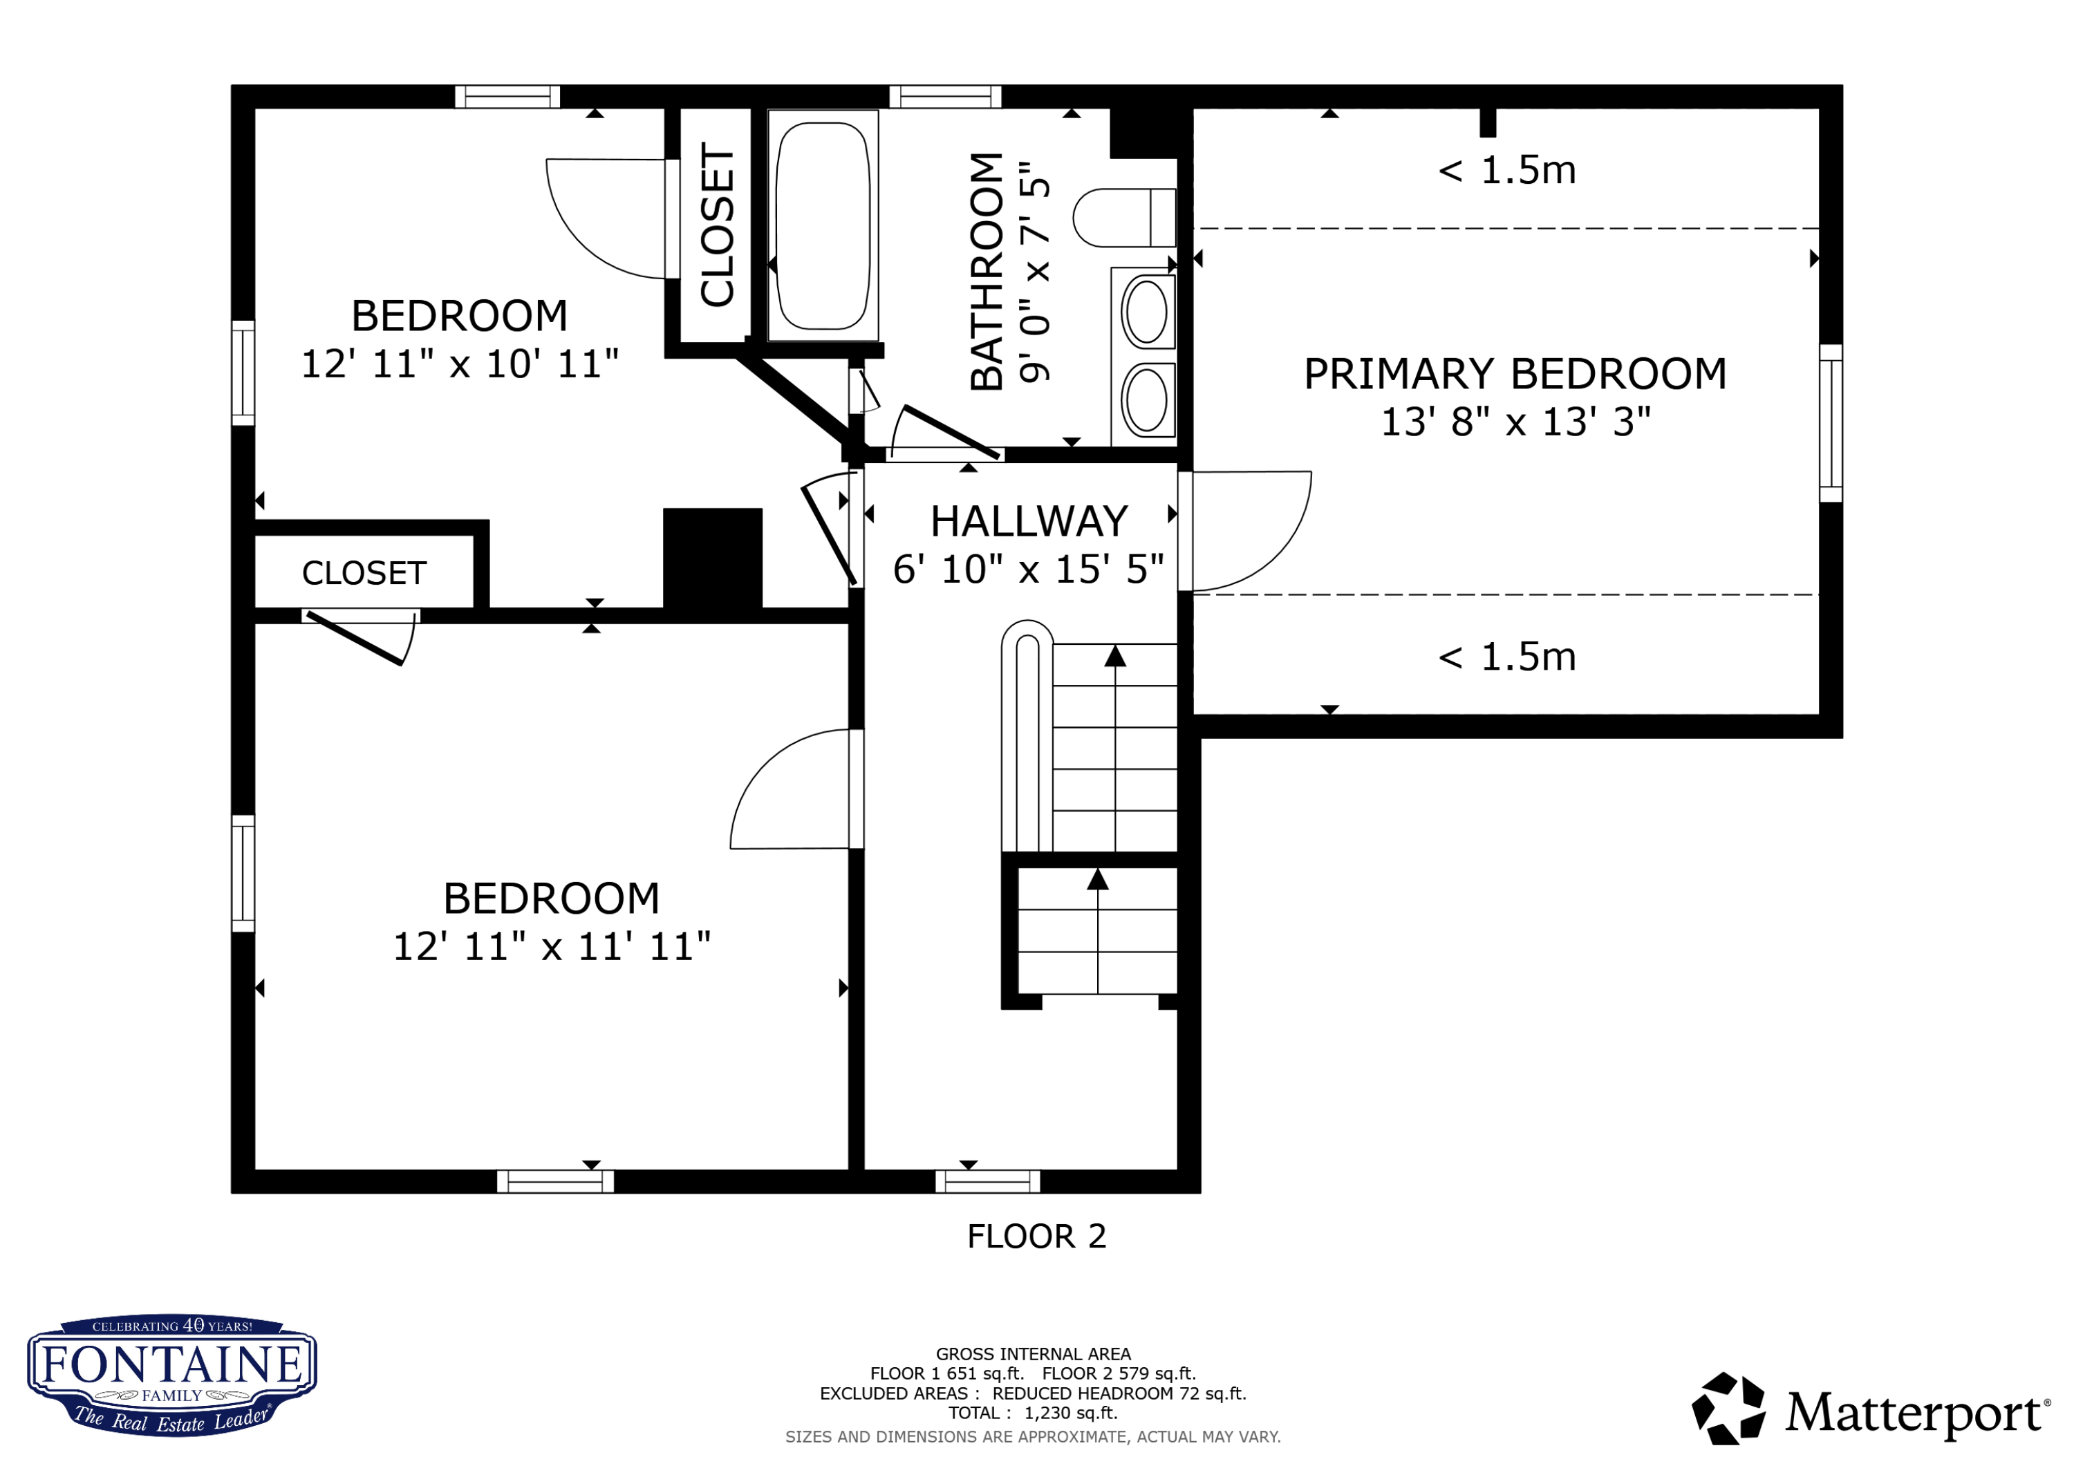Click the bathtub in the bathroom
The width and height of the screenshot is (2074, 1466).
(822, 225)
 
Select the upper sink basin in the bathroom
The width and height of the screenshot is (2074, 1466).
(1146, 312)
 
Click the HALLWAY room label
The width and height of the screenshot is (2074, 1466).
(1029, 521)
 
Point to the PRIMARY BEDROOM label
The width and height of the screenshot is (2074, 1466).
(1515, 374)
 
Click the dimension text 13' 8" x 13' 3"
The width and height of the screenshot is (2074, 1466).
(1515, 422)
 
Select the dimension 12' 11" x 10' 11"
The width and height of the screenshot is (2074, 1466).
(460, 364)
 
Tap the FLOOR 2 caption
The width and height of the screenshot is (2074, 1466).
(1036, 1236)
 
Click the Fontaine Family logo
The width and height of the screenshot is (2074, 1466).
(171, 1375)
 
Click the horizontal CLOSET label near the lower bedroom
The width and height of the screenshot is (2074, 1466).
(364, 573)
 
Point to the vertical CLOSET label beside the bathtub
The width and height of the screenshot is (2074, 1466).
(717, 225)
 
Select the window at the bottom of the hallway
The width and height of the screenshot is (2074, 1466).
(987, 1181)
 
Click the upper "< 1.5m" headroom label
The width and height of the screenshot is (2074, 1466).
(1506, 170)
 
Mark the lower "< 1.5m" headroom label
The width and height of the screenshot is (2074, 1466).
(1506, 657)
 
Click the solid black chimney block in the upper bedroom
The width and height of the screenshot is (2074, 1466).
(713, 560)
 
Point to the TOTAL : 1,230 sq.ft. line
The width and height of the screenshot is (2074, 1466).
(1032, 1413)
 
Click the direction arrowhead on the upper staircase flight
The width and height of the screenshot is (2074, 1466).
(1116, 656)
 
